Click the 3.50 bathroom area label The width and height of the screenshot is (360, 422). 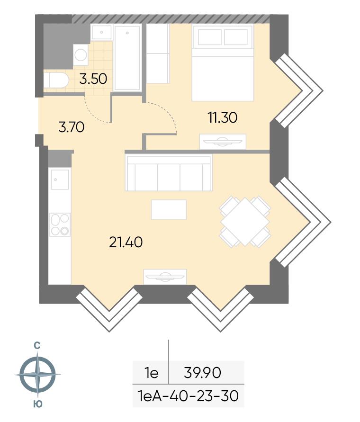coord(93,79)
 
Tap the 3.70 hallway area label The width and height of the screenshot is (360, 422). coord(72,127)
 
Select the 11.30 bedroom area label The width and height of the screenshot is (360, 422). coord(223,117)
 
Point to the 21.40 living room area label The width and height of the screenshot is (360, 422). coord(126,242)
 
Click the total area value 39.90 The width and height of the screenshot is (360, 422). coord(202,372)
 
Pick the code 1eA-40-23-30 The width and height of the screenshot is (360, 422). coord(188,396)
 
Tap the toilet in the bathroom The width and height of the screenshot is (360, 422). coord(56,80)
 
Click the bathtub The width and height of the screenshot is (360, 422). coord(127,58)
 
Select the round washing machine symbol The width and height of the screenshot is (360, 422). coord(81,55)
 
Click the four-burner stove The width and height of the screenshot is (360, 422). coord(60,224)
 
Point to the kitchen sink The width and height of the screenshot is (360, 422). coord(60,180)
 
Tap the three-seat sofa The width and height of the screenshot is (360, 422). coord(169,172)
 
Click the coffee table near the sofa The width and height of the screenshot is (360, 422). coord(169,209)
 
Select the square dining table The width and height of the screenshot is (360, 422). coord(245,222)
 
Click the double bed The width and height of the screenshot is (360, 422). coord(223,63)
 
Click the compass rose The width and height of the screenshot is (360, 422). coord(37,374)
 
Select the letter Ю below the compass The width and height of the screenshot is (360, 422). coord(38,404)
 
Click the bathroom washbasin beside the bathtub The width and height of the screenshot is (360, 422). coord(101,33)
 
